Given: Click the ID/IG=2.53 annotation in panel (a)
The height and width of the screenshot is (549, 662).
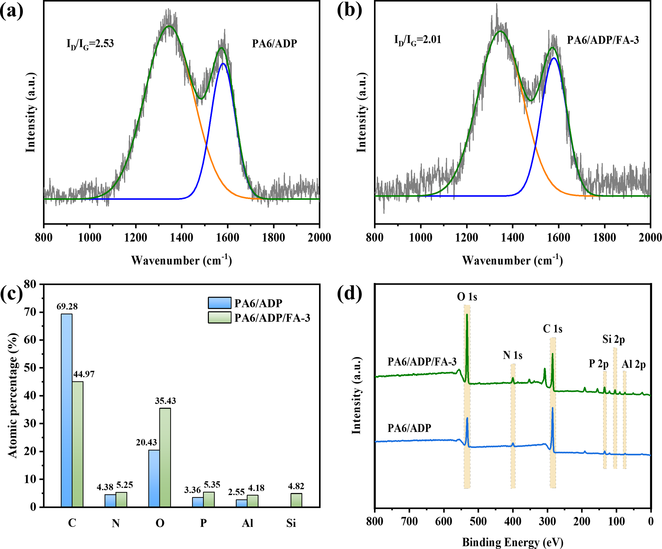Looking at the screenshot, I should point(90,43).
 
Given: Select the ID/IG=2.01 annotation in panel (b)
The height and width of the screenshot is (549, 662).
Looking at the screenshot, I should point(418,40).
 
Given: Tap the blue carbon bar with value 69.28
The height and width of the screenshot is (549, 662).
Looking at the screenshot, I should point(67,410).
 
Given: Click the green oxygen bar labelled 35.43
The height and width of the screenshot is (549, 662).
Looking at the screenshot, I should point(165,457).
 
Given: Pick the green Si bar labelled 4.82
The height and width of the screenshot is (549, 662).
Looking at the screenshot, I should point(296,500).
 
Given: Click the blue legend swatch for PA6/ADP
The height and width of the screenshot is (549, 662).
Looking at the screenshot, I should point(219,303).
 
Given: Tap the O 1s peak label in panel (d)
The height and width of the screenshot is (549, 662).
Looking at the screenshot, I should point(467,297).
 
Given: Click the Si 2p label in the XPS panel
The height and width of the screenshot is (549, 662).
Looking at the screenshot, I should point(613,339).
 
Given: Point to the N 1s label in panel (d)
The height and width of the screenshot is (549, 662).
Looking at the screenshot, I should point(512,355).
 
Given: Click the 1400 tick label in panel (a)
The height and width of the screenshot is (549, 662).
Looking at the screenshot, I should point(182,237).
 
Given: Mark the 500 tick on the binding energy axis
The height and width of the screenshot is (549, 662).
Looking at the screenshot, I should point(478,521).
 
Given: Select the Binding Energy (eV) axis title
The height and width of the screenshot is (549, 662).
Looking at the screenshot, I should point(512,542).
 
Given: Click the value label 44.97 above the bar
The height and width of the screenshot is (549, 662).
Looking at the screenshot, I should point(84,374).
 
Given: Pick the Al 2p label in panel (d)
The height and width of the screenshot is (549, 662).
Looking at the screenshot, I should point(634,365).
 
